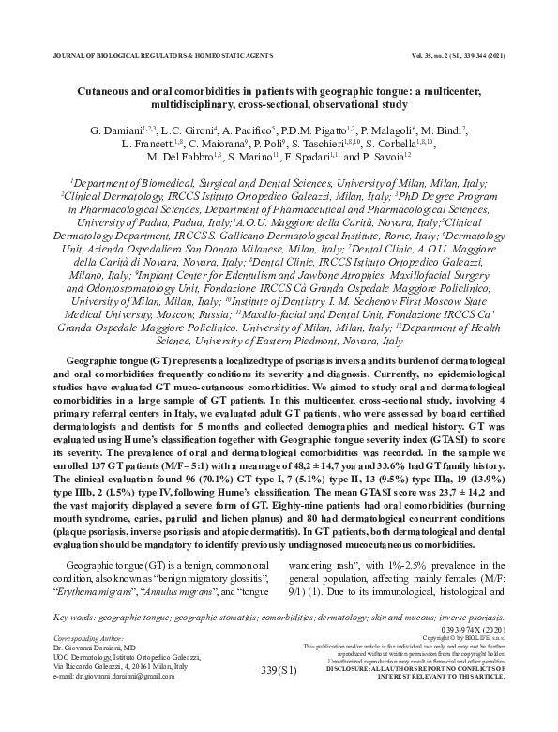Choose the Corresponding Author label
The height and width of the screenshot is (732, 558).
tap(91, 636)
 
